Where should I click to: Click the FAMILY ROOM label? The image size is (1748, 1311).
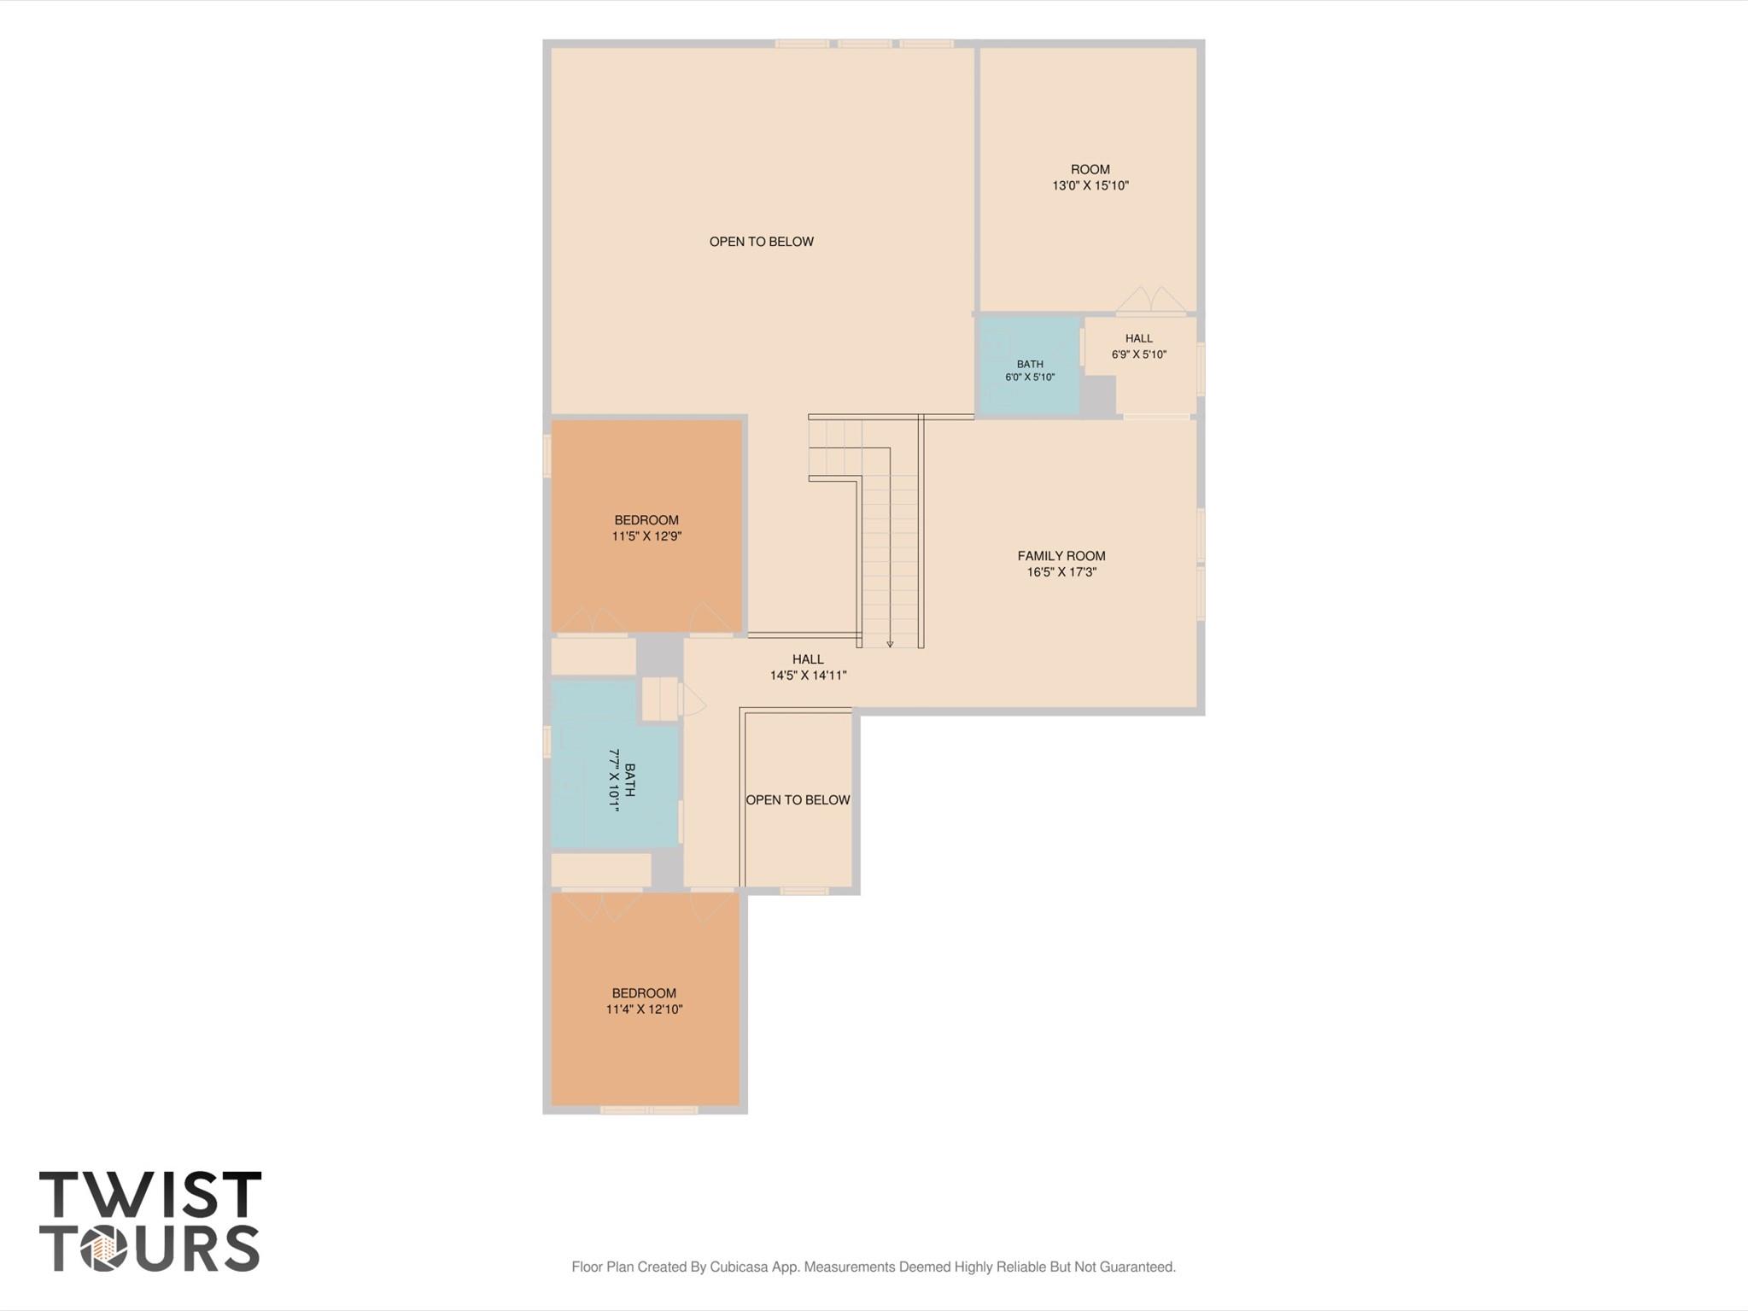pyautogui.click(x=1061, y=556)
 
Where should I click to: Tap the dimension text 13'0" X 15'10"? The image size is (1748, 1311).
pyautogui.click(x=1090, y=185)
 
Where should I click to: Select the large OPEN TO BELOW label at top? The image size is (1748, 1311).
pyautogui.click(x=762, y=242)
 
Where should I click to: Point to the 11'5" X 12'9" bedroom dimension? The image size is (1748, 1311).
pyautogui.click(x=646, y=536)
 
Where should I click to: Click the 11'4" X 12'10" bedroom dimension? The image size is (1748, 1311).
pyautogui.click(x=645, y=1010)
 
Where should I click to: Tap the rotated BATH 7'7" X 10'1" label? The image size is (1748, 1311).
pyautogui.click(x=622, y=780)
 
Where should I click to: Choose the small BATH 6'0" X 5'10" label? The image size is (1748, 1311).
pyautogui.click(x=1030, y=371)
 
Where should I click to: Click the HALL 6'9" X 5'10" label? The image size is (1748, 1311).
pyautogui.click(x=1139, y=347)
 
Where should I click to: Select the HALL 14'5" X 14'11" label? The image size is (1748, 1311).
pyautogui.click(x=808, y=667)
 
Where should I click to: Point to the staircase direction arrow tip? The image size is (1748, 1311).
pyautogui.click(x=890, y=647)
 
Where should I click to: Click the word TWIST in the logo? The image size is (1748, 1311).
pyautogui.click(x=150, y=1194)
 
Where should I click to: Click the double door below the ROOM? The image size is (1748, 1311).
pyautogui.click(x=1151, y=301)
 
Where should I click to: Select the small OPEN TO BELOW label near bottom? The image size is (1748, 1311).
pyautogui.click(x=798, y=800)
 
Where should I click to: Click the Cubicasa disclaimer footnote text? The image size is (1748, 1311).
pyautogui.click(x=874, y=1267)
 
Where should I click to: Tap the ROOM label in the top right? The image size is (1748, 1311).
pyautogui.click(x=1090, y=169)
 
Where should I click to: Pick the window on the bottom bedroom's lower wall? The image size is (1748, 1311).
pyautogui.click(x=649, y=1110)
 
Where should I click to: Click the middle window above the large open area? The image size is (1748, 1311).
pyautogui.click(x=864, y=44)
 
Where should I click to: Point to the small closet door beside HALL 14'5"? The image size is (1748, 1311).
pyautogui.click(x=693, y=699)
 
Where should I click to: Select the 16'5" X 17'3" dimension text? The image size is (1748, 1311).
pyautogui.click(x=1061, y=572)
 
